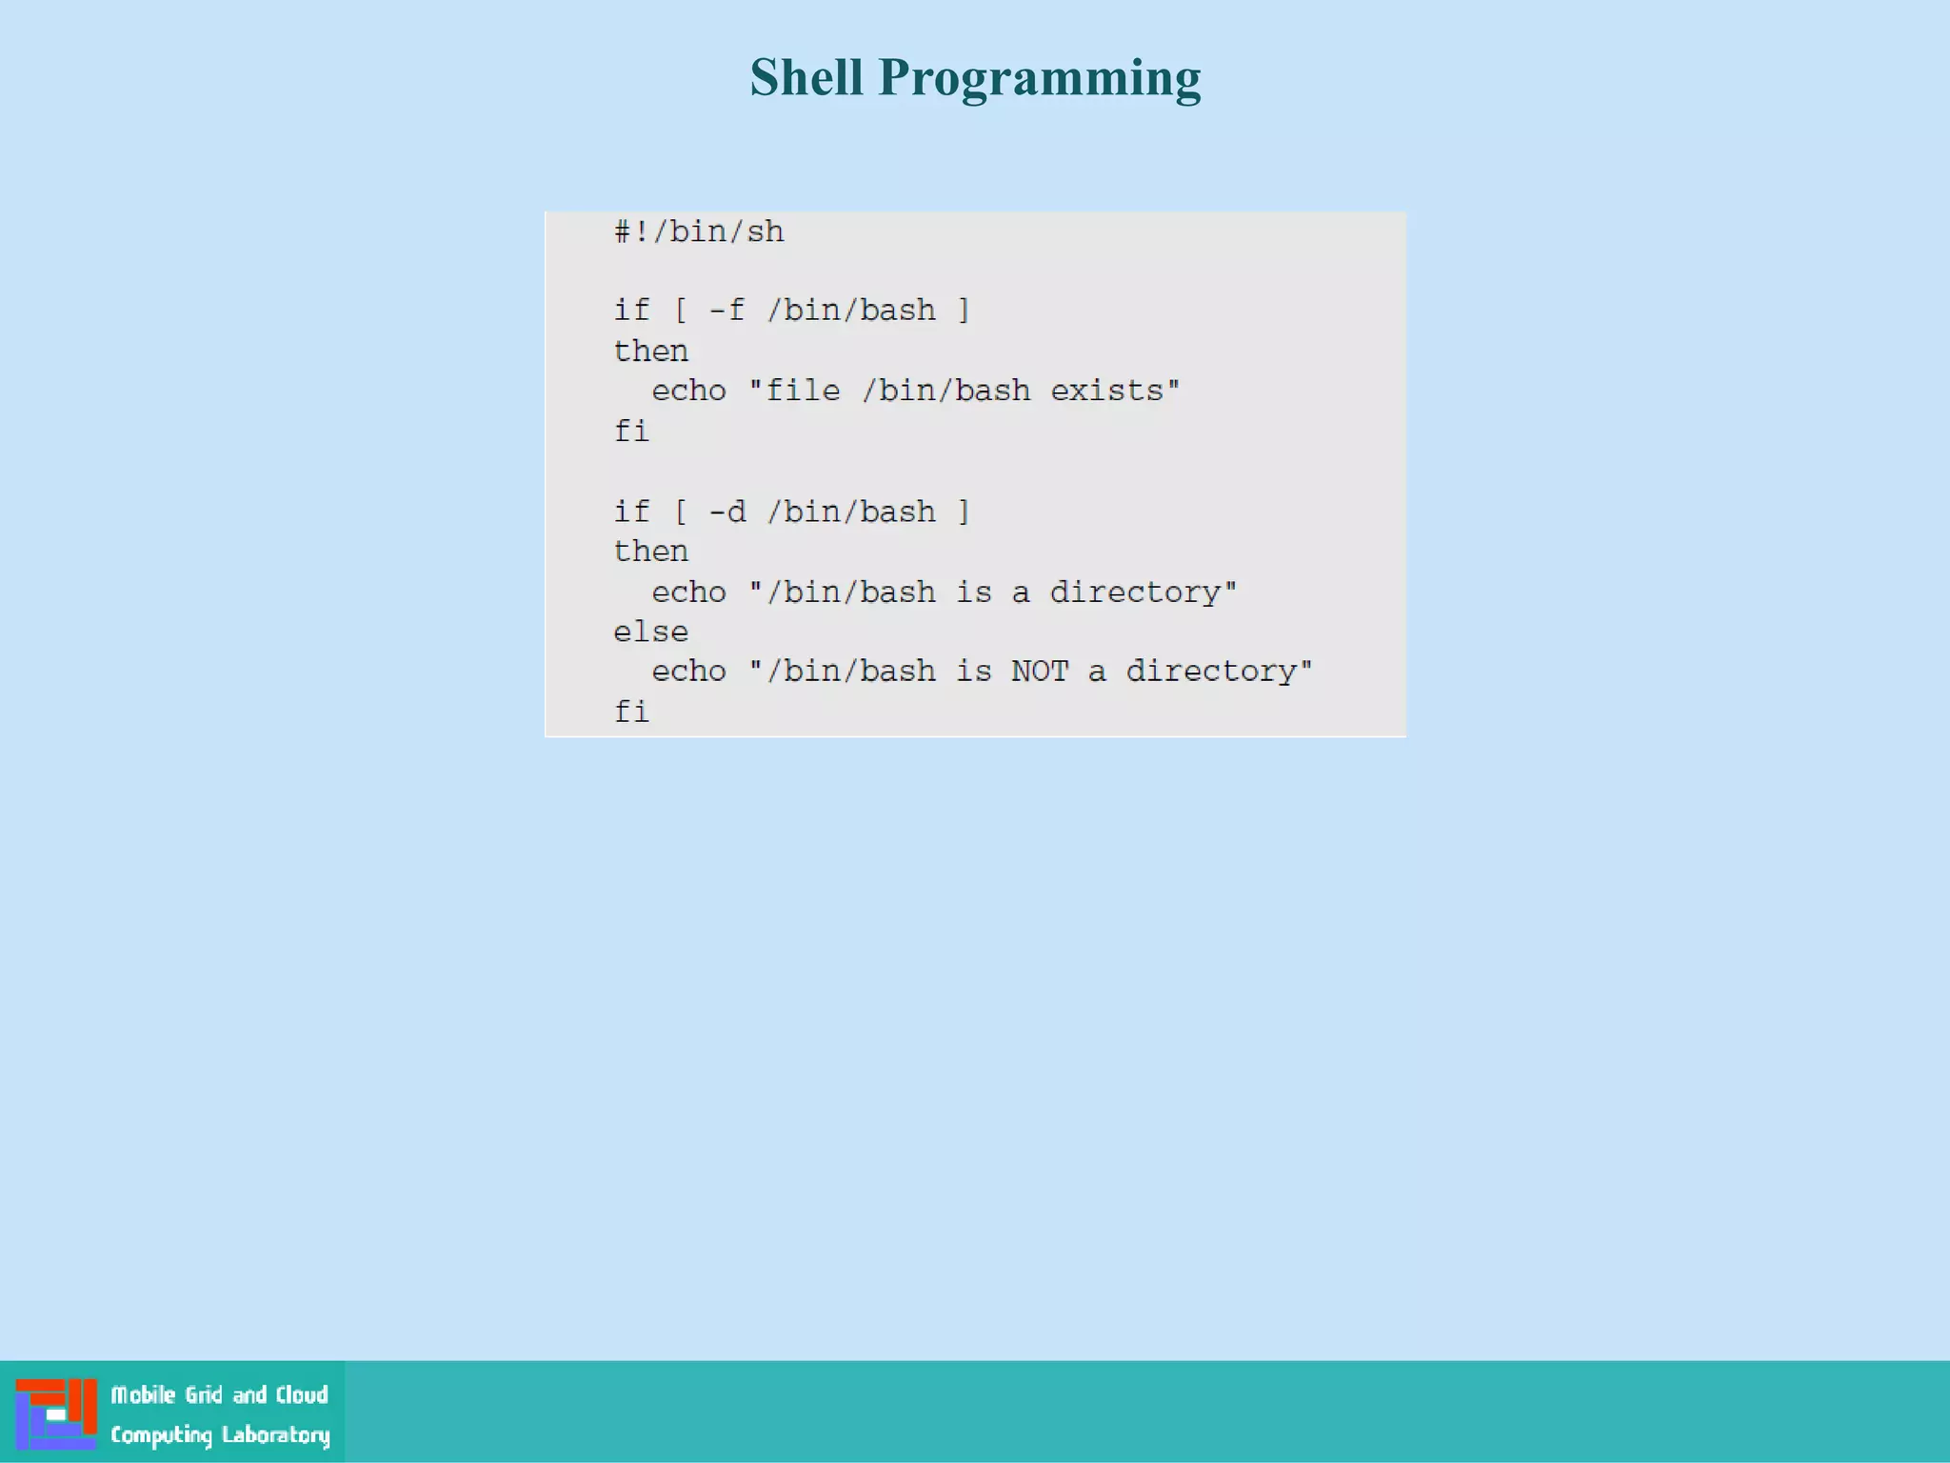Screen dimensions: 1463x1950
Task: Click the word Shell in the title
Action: click(806, 77)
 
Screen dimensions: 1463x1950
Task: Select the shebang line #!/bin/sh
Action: click(699, 231)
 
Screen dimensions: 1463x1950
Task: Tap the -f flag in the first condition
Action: click(726, 311)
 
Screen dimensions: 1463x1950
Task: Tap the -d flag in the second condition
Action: click(726, 512)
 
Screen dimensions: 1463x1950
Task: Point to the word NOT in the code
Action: click(1040, 671)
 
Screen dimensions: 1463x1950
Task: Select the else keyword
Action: click(650, 631)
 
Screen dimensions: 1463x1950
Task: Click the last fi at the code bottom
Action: click(631, 711)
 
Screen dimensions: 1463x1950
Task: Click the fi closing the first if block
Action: click(631, 431)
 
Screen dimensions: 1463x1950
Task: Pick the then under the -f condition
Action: click(650, 351)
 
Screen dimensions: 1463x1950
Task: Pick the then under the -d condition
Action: click(650, 551)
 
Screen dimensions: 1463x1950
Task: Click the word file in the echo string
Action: click(803, 391)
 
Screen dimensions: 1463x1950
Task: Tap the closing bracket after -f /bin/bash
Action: click(964, 311)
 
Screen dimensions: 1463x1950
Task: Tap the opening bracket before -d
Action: click(680, 512)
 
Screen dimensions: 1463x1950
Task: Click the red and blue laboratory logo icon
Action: click(56, 1413)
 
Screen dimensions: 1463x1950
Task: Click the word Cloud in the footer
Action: click(302, 1395)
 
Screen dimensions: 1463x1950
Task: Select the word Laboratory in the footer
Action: click(275, 1435)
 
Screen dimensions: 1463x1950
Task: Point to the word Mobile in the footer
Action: click(143, 1395)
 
